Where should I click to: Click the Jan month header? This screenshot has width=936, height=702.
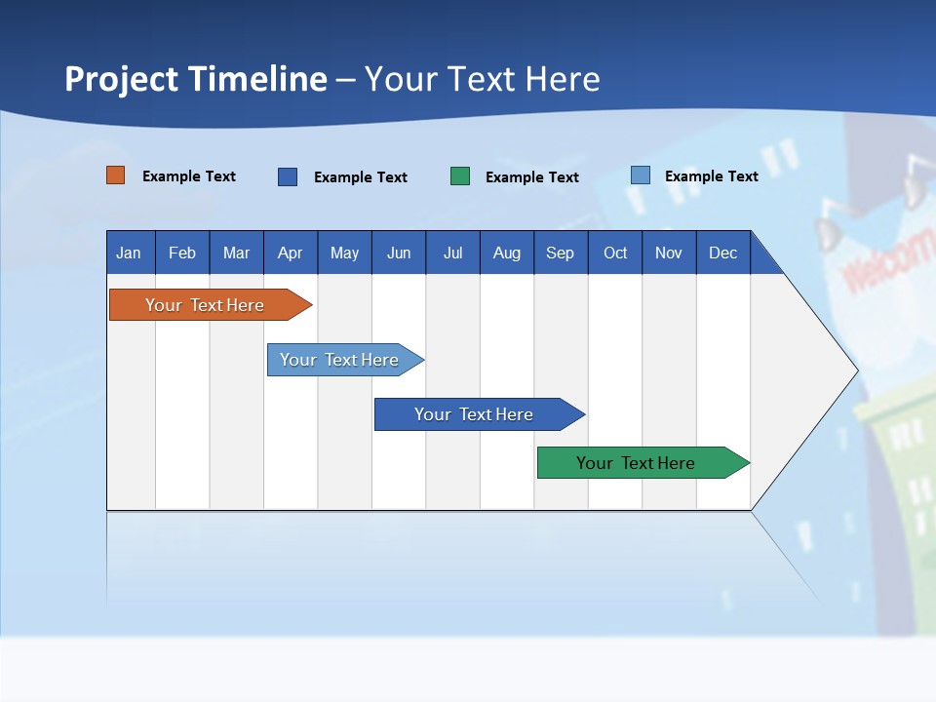[130, 253]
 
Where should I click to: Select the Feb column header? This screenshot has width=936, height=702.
[182, 253]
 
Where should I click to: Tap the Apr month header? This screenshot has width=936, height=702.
[291, 253]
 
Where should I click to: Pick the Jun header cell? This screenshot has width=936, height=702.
[399, 253]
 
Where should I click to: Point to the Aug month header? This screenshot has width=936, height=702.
[507, 253]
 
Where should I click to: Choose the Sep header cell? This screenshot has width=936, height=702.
[561, 253]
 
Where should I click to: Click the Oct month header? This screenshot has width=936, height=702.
[615, 253]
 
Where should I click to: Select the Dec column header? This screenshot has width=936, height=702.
[723, 253]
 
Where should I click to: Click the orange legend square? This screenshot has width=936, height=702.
[116, 175]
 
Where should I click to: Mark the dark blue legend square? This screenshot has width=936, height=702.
[288, 176]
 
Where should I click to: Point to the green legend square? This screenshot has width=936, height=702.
[460, 176]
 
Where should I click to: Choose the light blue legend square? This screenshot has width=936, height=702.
[641, 175]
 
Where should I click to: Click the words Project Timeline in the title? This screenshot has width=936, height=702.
[196, 79]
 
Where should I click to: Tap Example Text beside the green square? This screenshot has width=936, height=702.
[532, 177]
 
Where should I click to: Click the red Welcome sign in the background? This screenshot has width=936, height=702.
[887, 261]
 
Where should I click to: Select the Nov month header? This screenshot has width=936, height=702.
[669, 253]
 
